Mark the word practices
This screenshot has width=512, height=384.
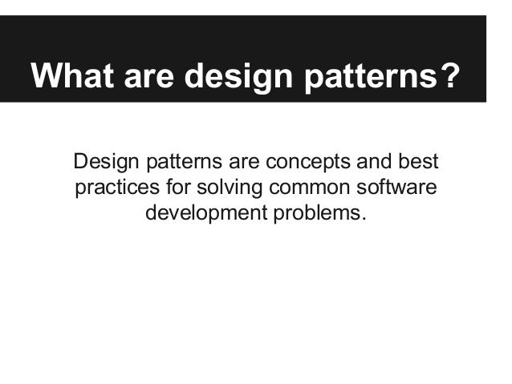click(112, 189)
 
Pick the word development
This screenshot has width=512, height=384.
click(196, 215)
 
